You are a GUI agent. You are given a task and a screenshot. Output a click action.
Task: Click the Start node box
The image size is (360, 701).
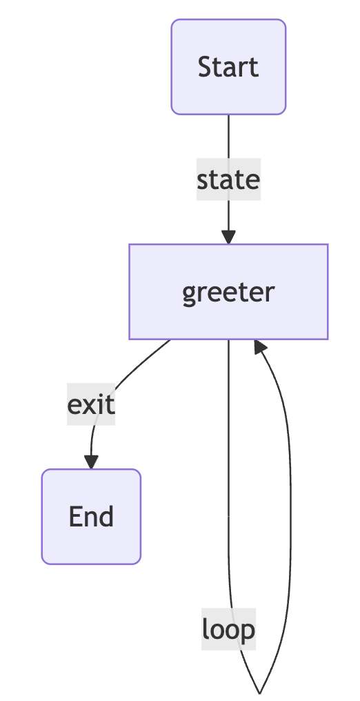coord(228,67)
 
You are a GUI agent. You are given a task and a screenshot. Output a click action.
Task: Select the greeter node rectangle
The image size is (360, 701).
coord(228,292)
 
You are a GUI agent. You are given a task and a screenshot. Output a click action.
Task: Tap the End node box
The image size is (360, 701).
coord(91,517)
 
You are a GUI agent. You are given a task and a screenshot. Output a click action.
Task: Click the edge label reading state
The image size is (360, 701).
coord(228,179)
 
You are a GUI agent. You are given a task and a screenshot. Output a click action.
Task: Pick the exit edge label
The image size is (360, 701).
coord(91,404)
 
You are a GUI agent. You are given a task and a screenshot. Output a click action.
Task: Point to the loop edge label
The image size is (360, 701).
coord(228,629)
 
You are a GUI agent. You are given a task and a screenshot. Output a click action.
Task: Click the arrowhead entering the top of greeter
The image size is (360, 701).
coord(228,237)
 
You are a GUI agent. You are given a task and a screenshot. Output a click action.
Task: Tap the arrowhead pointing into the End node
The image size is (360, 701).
coord(91,462)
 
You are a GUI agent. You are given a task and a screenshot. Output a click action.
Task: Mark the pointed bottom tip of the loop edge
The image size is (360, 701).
coord(259,693)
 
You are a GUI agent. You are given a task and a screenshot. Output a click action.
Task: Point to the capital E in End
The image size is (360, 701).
coord(75,517)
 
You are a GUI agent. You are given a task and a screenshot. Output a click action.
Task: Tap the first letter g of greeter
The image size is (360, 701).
coord(190,295)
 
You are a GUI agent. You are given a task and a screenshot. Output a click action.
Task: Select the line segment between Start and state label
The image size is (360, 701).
coord(229,137)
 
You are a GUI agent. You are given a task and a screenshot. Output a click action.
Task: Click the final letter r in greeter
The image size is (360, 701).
coord(270,293)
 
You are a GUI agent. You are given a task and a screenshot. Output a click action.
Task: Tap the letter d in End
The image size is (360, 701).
coord(106,516)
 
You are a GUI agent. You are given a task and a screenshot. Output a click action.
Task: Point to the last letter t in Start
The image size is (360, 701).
coord(254,68)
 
